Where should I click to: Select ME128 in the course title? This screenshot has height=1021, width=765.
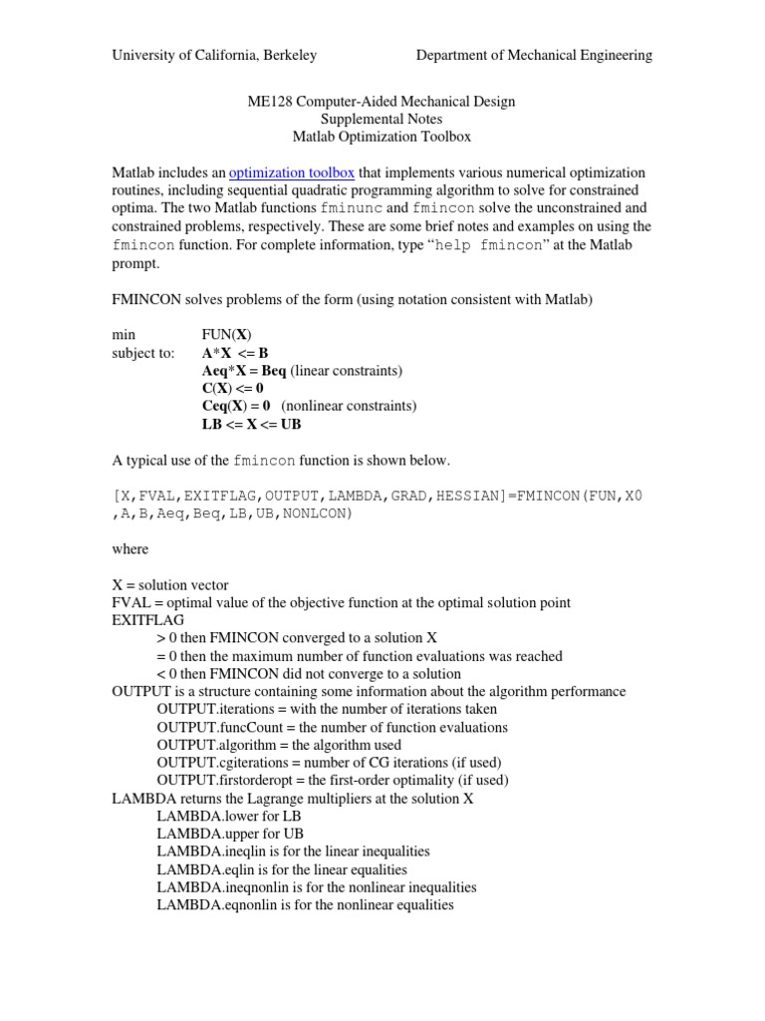pos(268,101)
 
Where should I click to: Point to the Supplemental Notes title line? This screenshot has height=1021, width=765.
pos(382,119)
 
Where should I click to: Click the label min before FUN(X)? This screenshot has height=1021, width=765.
pos(124,334)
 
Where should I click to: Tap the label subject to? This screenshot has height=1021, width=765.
pos(142,352)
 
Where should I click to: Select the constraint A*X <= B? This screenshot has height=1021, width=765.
pos(235,352)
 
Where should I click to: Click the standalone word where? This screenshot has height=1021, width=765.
pos(129,548)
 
